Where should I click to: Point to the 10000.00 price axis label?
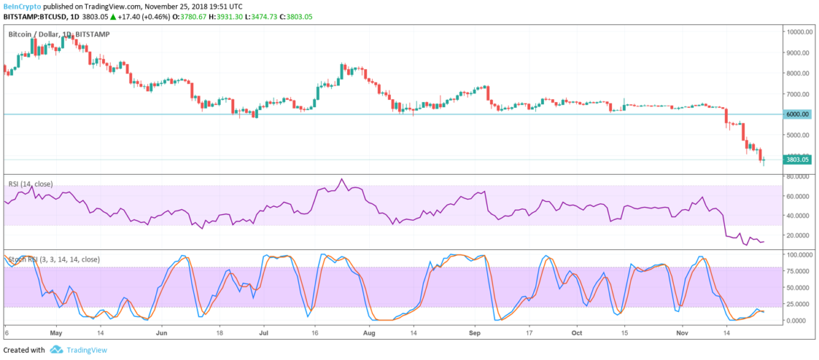coord(800,32)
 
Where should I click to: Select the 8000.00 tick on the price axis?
coord(798,73)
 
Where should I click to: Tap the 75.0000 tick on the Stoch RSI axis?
coord(799,271)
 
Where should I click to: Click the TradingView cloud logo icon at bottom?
coord(55,350)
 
